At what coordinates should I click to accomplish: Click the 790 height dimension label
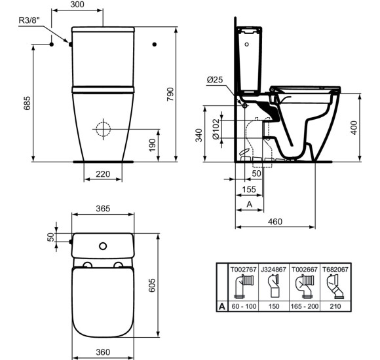click(170, 94)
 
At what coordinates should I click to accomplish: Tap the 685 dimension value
click(27, 103)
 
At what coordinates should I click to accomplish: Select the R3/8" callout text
click(29, 20)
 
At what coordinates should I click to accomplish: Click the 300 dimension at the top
click(77, 5)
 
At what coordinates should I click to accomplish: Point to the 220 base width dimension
click(103, 174)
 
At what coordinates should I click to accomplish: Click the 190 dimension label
click(152, 145)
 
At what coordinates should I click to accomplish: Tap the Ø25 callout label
click(215, 79)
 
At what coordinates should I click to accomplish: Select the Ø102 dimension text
click(216, 129)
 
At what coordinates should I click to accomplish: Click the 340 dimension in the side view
click(199, 135)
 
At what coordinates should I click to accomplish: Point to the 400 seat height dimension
click(354, 128)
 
